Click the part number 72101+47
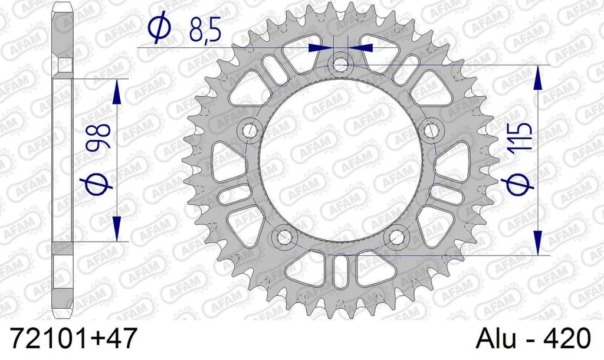(x=73, y=338)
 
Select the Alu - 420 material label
(x=533, y=338)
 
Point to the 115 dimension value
(x=523, y=136)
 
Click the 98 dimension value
(x=99, y=136)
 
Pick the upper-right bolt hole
(x=429, y=128)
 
